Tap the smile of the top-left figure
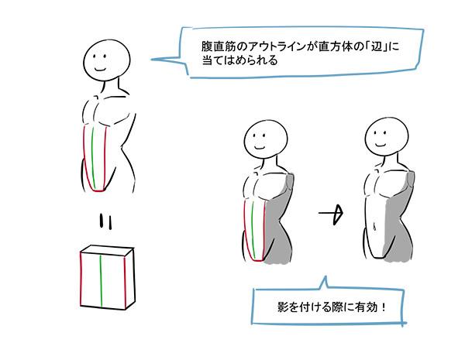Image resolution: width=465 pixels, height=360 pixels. pyautogui.click(x=100, y=70)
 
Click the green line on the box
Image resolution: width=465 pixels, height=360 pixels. pyautogui.click(x=101, y=281)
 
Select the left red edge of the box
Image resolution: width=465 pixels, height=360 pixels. pyautogui.click(x=81, y=279)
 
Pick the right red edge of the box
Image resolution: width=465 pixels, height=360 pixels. pyautogui.click(x=125, y=282)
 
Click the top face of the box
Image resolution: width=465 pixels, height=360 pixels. pyautogui.click(x=107, y=250)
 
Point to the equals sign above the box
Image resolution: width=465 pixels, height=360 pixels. pyautogui.click(x=106, y=221)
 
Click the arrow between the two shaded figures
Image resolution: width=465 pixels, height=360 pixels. pyautogui.click(x=331, y=213)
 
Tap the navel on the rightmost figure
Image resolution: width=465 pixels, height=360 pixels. pyautogui.click(x=375, y=227)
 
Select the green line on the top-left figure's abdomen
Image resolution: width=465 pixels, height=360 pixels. pyautogui.click(x=93, y=157)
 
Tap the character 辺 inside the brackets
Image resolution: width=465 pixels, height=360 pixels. pyautogui.click(x=377, y=46)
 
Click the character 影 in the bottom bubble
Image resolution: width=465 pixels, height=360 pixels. pyautogui.click(x=283, y=307)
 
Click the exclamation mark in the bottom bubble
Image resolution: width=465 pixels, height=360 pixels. pyautogui.click(x=384, y=307)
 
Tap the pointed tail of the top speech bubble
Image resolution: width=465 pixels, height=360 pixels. pyautogui.click(x=152, y=60)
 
